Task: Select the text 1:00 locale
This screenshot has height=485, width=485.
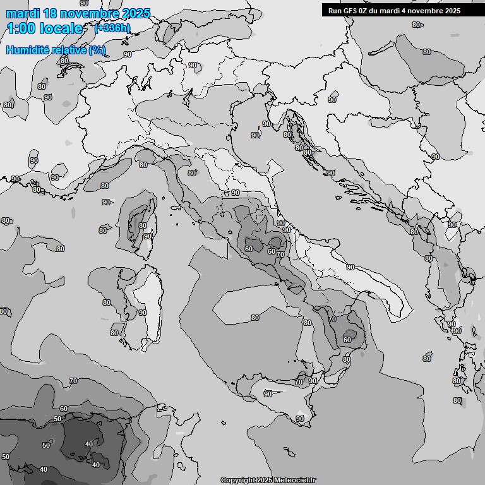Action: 44,28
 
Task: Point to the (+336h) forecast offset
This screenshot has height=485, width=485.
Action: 112,28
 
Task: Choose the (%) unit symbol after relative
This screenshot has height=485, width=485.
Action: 97,50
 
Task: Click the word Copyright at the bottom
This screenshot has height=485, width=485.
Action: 237,480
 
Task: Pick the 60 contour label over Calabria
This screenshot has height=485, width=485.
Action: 347,340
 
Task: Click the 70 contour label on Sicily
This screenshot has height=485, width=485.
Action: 297,382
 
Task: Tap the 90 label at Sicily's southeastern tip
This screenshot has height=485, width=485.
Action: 300,419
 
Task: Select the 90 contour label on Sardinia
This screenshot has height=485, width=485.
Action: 142,313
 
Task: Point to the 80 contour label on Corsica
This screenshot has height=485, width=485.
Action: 143,225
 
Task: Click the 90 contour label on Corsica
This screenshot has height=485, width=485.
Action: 147,236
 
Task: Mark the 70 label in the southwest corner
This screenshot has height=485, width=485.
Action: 73,381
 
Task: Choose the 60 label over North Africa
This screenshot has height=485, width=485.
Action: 63,409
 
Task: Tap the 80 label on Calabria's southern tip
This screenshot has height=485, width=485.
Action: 346,360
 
